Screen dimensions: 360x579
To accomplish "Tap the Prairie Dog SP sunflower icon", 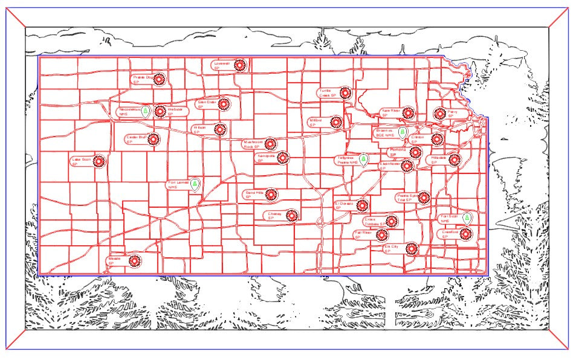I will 159,79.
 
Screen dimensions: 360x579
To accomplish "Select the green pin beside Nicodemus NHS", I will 145,111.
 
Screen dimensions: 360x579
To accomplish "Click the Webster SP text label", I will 174,111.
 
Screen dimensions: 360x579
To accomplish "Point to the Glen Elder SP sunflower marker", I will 224,104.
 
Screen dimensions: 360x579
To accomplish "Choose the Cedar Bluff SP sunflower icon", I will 154,139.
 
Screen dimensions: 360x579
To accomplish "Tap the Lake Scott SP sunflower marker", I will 99,161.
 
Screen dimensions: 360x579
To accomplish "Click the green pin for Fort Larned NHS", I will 195,184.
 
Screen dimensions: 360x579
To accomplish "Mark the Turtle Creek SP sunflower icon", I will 344,93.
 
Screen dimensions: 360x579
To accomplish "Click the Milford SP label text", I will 316,122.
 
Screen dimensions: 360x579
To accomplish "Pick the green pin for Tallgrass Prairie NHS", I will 363,159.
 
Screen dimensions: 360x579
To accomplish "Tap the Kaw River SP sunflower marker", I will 408,113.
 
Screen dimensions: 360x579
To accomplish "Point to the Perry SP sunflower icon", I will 439,114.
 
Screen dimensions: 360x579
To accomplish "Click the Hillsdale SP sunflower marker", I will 454,160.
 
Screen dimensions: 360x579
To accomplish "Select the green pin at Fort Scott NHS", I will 467,217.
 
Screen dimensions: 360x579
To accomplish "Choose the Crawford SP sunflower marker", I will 465,234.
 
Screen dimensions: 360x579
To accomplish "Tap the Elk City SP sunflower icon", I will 411,248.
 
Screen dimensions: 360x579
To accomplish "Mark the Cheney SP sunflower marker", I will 292,215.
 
